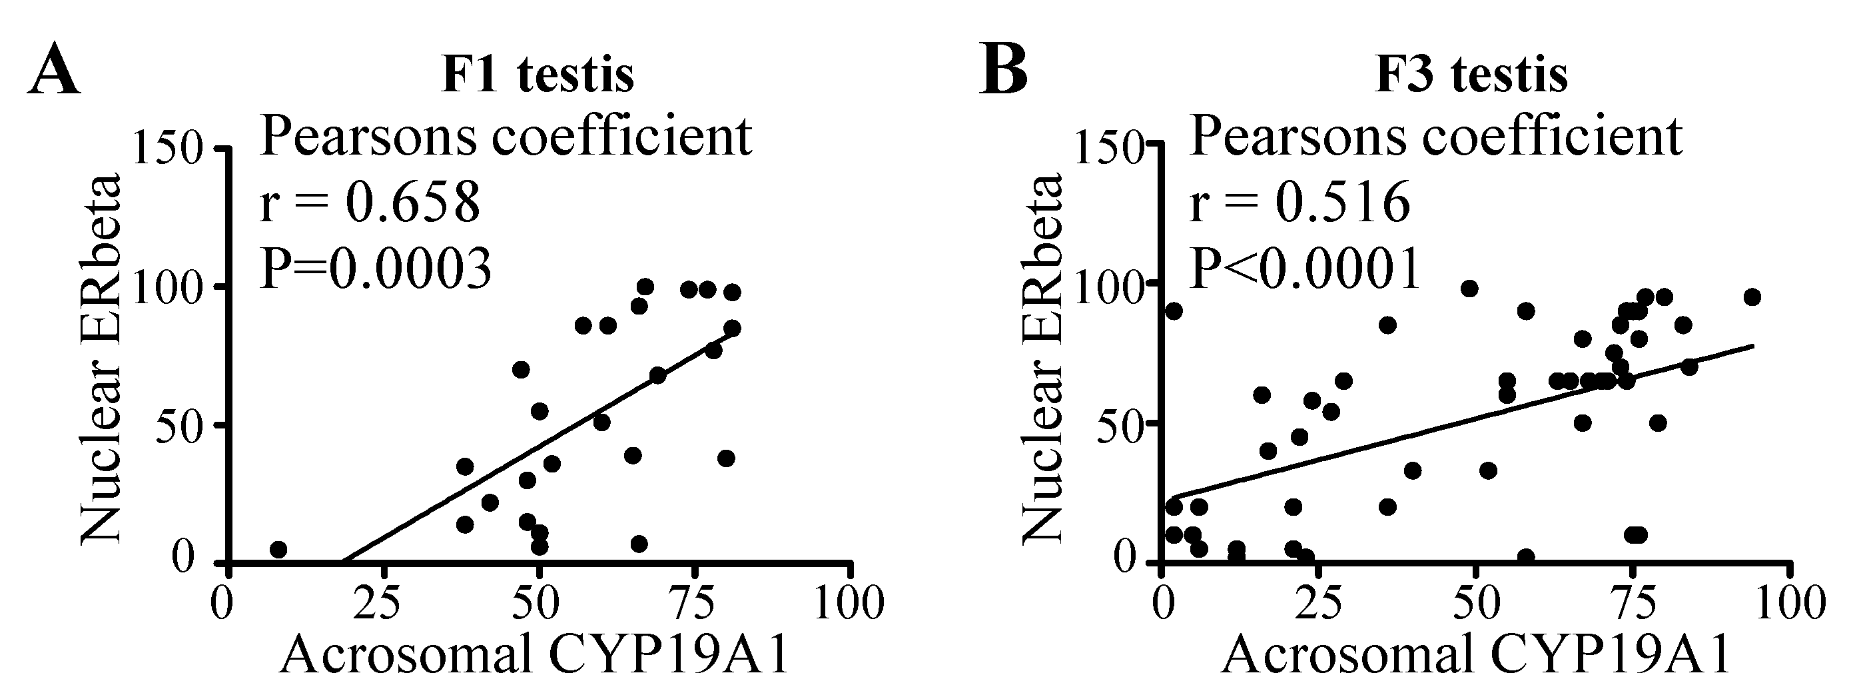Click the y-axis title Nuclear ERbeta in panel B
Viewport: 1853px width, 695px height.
point(1041,357)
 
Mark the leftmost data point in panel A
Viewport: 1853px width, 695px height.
point(278,550)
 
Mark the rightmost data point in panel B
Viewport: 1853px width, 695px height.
point(1752,297)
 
